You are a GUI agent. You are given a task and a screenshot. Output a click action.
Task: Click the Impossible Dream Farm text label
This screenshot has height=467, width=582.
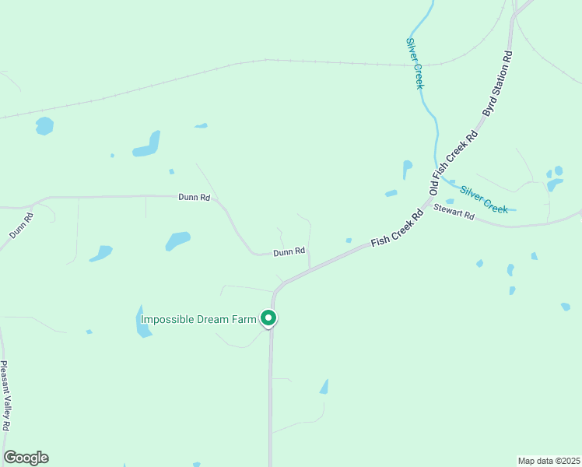point(198,318)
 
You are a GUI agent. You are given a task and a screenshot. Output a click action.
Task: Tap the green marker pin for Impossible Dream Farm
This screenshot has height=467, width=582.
point(268,318)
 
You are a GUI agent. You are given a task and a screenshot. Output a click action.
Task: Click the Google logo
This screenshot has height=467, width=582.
point(26,458)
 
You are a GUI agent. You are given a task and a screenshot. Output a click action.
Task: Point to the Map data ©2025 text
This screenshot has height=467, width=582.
point(549,461)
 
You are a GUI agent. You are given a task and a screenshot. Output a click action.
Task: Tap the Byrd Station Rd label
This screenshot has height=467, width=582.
point(498,84)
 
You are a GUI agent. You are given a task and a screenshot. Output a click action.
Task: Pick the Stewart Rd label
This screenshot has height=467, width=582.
point(454,211)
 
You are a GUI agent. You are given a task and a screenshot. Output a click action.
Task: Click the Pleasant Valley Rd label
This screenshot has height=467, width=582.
point(5,396)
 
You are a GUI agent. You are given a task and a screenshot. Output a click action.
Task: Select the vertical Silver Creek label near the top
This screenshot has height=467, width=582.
point(415,63)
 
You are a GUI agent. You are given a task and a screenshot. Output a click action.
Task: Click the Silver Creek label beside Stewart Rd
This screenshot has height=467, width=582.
point(483,198)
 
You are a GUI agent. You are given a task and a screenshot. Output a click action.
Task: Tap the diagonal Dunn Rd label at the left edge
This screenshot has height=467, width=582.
point(21,224)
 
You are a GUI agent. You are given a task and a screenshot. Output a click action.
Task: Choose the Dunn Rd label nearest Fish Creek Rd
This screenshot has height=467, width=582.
point(288,252)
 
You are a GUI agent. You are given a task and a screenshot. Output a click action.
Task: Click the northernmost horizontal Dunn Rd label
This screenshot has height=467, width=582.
point(194,198)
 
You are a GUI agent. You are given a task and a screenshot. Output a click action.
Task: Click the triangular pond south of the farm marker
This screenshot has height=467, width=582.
point(324,387)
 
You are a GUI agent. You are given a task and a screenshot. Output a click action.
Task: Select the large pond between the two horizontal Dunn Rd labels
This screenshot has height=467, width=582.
point(177,240)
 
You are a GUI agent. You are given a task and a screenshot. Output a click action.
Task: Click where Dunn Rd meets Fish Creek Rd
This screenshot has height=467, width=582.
point(310,268)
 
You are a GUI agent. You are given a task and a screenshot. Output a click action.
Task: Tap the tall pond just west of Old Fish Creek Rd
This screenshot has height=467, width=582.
point(407,170)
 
